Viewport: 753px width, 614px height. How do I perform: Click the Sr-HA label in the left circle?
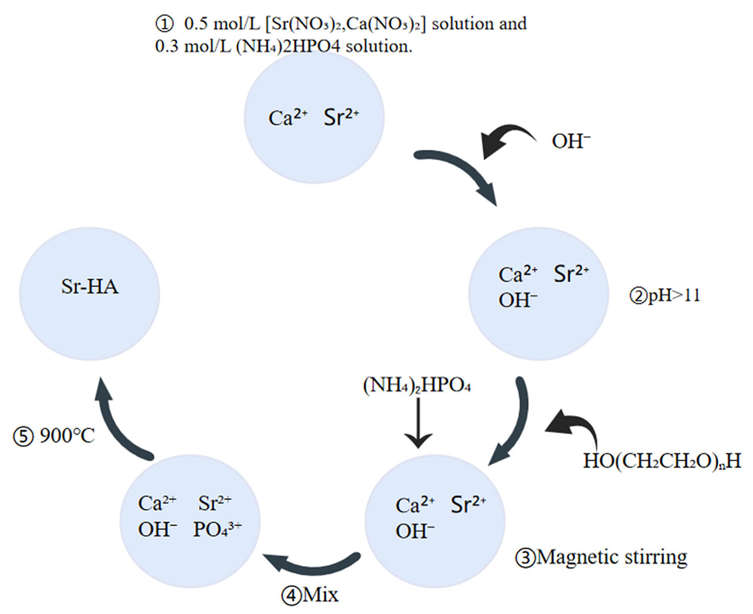[x=90, y=286]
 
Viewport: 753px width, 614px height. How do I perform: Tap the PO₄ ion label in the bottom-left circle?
[x=217, y=529]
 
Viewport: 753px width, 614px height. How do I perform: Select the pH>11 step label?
[x=666, y=295]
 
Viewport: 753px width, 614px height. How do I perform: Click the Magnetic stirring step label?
[x=602, y=556]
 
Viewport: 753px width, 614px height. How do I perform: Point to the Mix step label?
[x=310, y=595]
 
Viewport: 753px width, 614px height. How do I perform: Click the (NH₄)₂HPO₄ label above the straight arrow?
[x=417, y=386]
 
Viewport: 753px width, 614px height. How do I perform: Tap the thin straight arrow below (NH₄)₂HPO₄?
[x=418, y=423]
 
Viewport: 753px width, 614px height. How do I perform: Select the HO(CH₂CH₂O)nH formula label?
[x=661, y=461]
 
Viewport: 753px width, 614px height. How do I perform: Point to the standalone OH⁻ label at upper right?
[x=570, y=141]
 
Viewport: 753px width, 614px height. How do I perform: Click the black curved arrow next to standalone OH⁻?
[x=506, y=140]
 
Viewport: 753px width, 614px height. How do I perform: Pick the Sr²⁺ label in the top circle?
[x=341, y=117]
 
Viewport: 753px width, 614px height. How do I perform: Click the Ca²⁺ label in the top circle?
[x=288, y=118]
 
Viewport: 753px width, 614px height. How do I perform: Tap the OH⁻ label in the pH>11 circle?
[x=518, y=300]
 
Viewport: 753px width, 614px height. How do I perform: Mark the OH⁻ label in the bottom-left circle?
[x=157, y=529]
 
